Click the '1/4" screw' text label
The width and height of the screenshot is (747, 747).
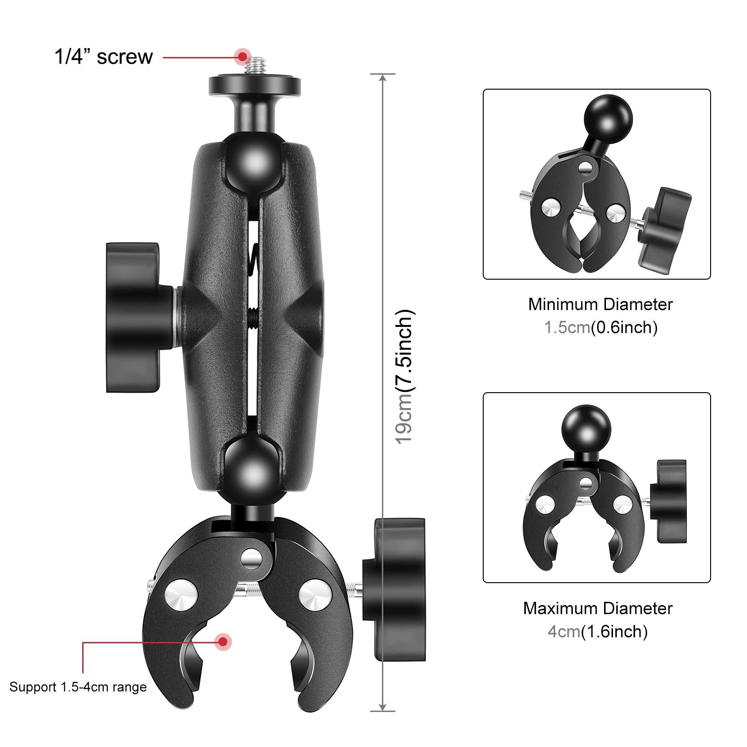104,57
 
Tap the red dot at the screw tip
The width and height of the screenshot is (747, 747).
242,56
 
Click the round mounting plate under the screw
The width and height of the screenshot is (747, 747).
254,85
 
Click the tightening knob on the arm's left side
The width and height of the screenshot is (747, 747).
135,317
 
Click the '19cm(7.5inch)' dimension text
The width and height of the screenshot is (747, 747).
404,376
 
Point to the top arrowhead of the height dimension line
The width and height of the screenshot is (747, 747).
383,78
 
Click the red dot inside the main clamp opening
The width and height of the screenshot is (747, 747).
224,641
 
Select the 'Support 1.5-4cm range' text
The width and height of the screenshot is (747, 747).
78,687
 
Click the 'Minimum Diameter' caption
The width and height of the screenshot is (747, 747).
600,304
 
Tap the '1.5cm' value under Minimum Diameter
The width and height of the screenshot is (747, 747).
567,327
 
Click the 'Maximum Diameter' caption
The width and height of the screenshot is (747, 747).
598,608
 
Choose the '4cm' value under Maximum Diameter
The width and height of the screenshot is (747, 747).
564,632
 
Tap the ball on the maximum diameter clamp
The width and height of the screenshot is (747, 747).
586,428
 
